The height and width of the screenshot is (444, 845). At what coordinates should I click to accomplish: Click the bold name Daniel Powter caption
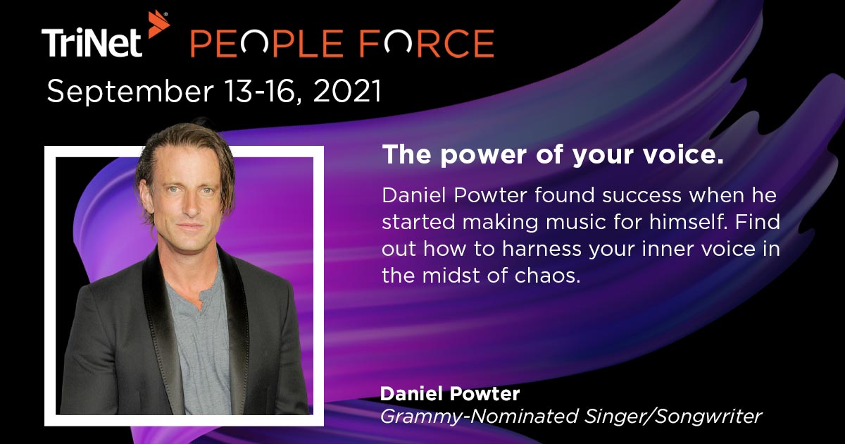coord(449,392)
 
